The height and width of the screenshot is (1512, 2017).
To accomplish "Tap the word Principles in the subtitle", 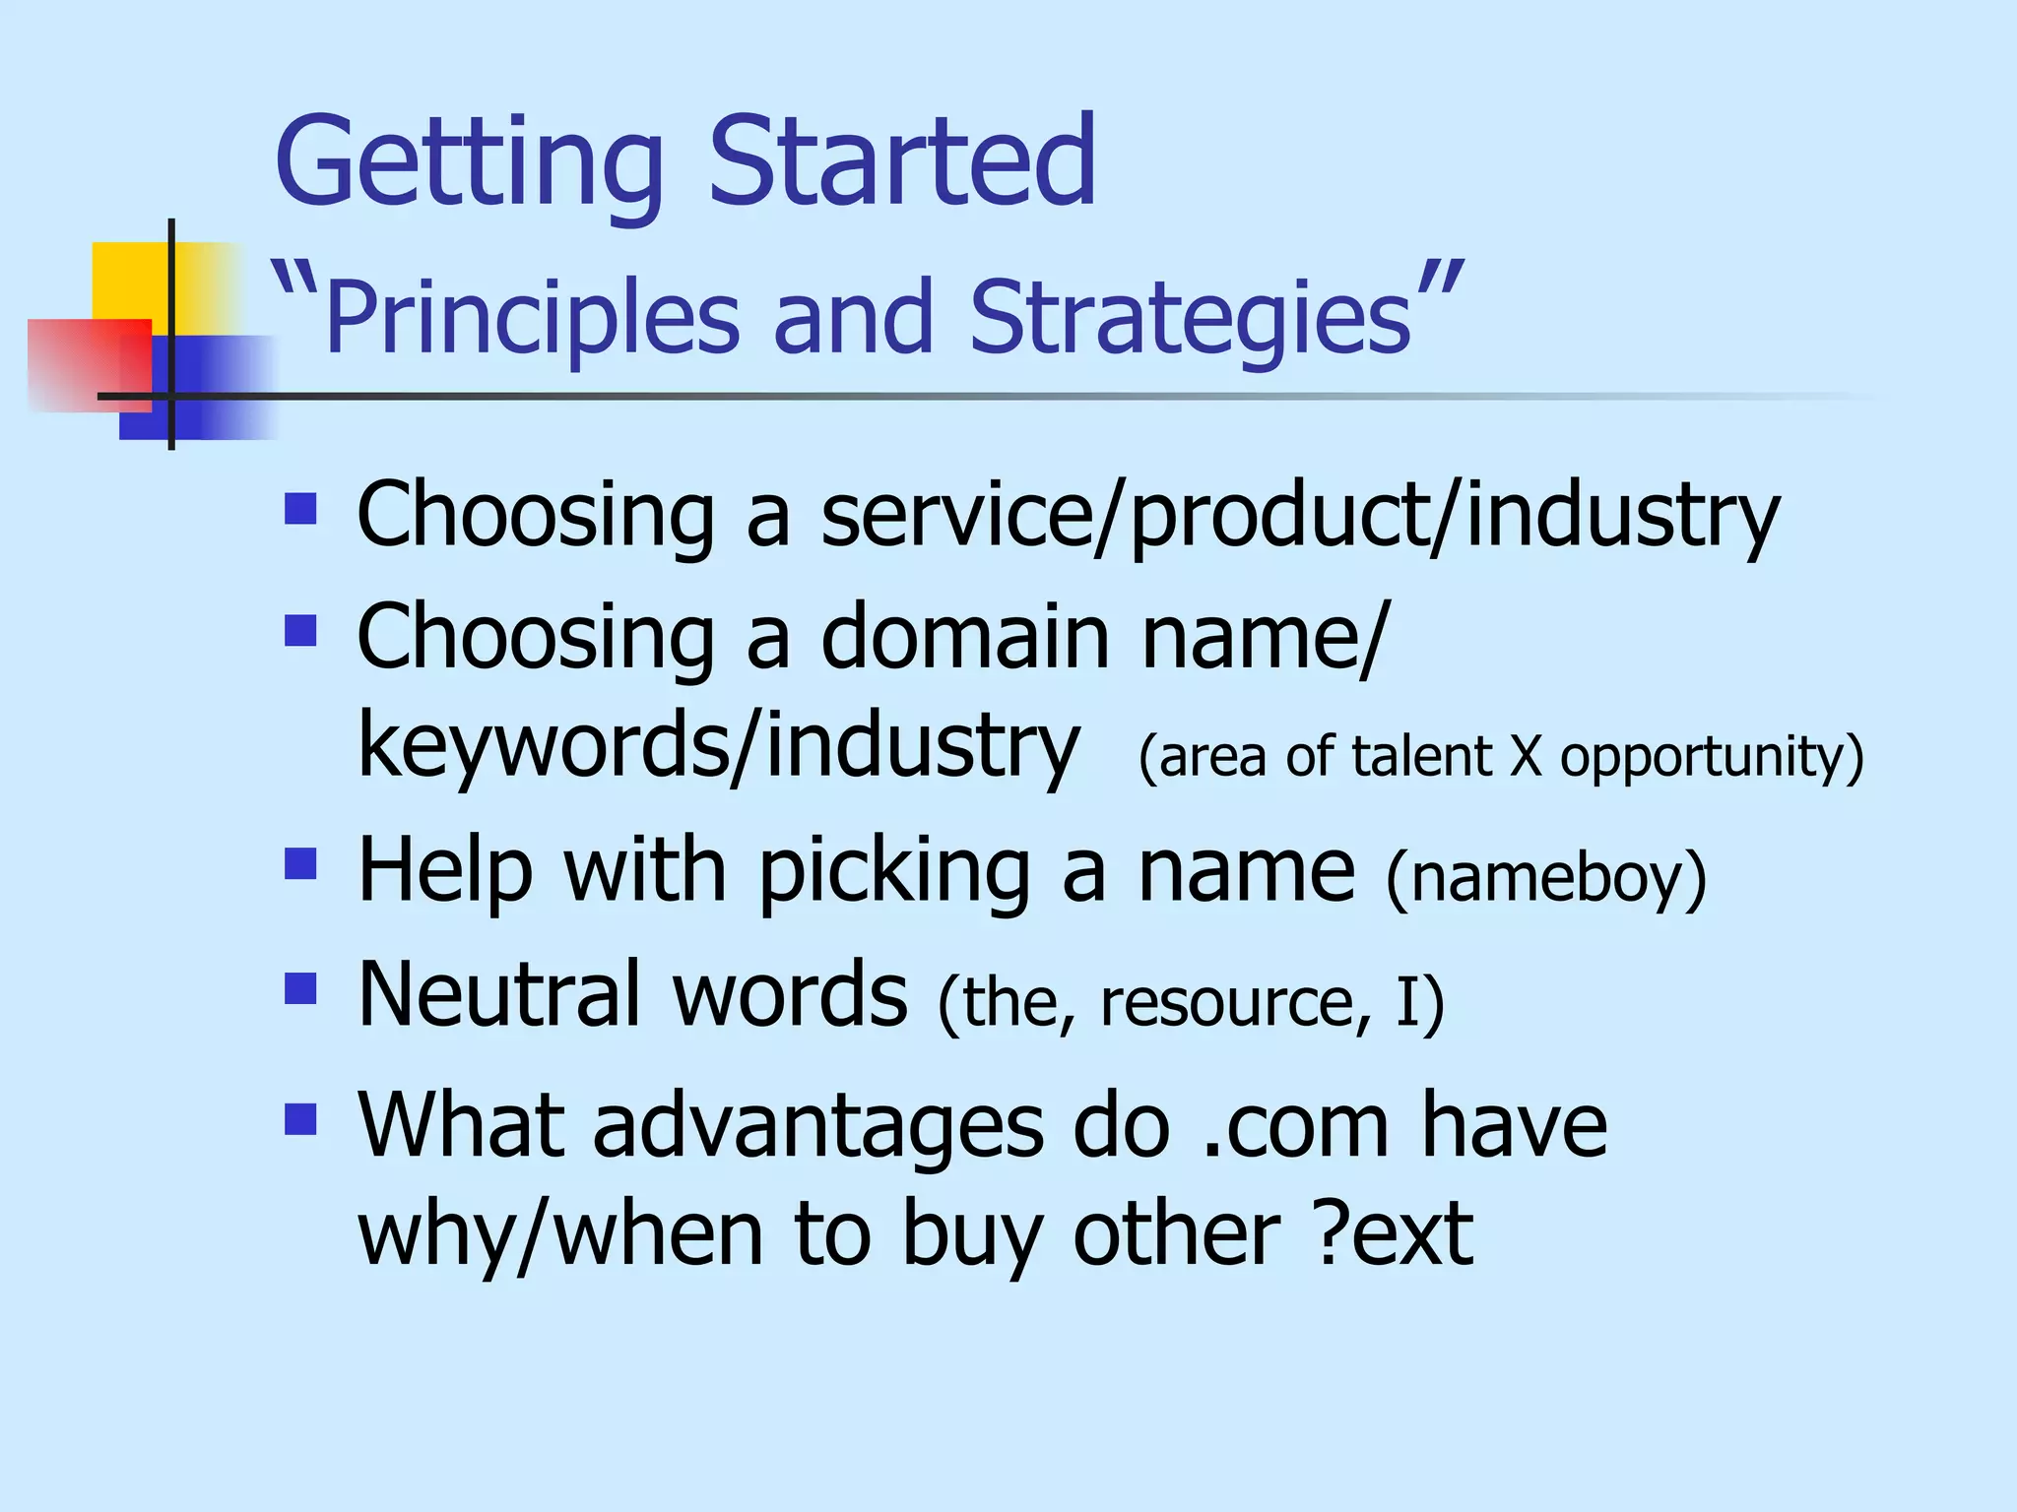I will point(532,317).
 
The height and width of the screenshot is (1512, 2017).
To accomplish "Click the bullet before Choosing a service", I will point(300,509).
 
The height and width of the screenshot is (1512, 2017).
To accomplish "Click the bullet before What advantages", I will point(300,1119).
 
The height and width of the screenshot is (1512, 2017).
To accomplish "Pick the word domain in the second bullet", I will point(965,637).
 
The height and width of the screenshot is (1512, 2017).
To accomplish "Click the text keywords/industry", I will point(719,745).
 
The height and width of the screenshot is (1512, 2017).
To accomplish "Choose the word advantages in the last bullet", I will point(817,1127).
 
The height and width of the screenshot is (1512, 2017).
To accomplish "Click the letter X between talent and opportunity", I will point(1526,756).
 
